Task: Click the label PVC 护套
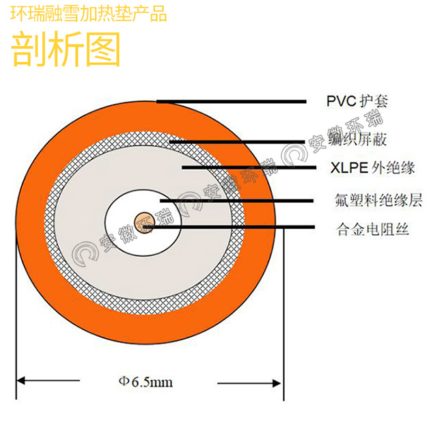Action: tap(356, 101)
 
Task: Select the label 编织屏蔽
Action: tap(357, 141)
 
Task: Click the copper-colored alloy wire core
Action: tap(144, 221)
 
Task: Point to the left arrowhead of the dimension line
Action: tap(21, 382)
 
